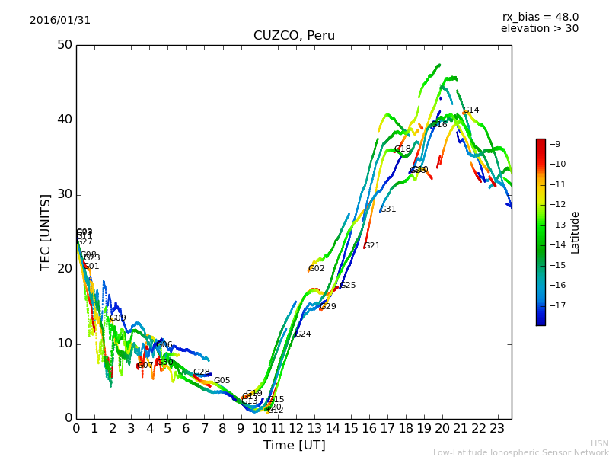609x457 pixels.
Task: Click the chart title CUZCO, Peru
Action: pyautogui.click(x=294, y=36)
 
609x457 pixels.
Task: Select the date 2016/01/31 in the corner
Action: pyautogui.click(x=60, y=21)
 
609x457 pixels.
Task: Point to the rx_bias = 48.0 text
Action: pyautogui.click(x=540, y=18)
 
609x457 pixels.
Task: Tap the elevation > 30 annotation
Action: pyautogui.click(x=539, y=29)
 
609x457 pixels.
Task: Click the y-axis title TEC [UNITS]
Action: pyautogui.click(x=46, y=232)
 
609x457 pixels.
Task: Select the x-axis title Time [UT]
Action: pyautogui.click(x=294, y=446)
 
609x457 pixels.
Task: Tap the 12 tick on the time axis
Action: pyautogui.click(x=295, y=429)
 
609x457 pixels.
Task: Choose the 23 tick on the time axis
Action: pyautogui.click(x=497, y=429)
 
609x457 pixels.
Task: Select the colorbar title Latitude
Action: pyautogui.click(x=576, y=232)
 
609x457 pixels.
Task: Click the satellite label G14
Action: pyautogui.click(x=471, y=110)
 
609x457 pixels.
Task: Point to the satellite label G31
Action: pyautogui.click(x=388, y=209)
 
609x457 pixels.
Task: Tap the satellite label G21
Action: pyautogui.click(x=372, y=246)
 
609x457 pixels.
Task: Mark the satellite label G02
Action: pyautogui.click(x=317, y=269)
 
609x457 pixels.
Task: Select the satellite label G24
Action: pyautogui.click(x=303, y=334)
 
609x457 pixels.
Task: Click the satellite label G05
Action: pyautogui.click(x=222, y=381)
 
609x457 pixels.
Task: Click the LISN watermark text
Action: pyautogui.click(x=599, y=443)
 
